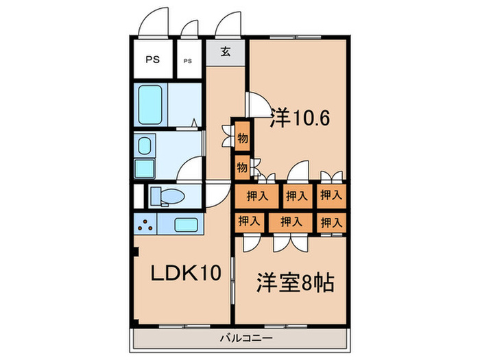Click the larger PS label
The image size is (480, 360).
(x=152, y=60)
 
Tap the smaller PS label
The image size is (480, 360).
(x=188, y=60)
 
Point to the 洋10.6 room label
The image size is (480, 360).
(x=300, y=117)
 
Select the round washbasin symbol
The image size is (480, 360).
(x=145, y=145)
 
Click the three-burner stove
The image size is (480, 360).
(x=145, y=224)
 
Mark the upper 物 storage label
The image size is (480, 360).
(x=242, y=138)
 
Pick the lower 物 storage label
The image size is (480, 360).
(x=242, y=166)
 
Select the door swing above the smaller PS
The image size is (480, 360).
(x=189, y=28)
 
